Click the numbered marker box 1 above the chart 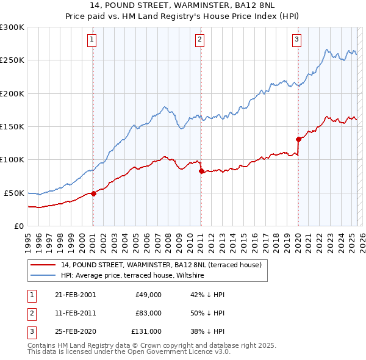point(91,40)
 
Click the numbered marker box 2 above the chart point(199,40)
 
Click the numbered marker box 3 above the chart point(296,40)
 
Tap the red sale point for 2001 point(93,193)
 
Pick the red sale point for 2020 point(299,139)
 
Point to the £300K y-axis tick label point(12,27)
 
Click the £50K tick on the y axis point(15,193)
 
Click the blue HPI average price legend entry point(132,276)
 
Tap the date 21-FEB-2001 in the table point(75,294)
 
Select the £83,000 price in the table point(148,313)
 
